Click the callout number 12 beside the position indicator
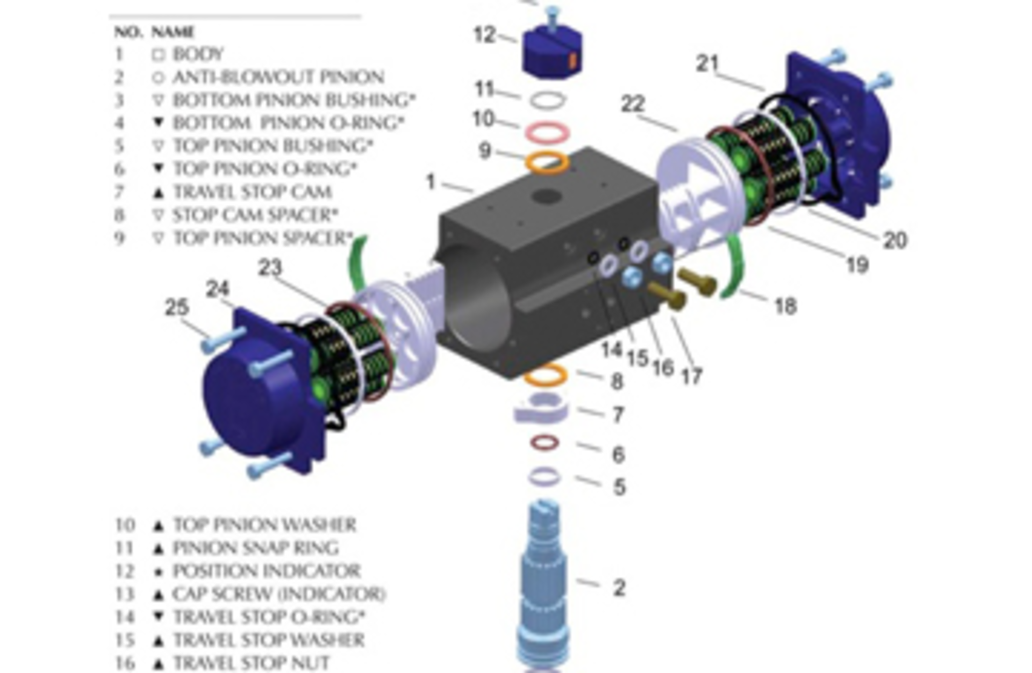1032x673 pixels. [x=484, y=35]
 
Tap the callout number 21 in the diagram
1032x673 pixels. [x=707, y=64]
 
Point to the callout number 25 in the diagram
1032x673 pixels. [x=177, y=308]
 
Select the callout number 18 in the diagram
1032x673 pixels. [x=785, y=306]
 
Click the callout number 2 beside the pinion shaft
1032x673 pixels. [x=619, y=588]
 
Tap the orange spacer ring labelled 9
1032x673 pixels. [x=548, y=162]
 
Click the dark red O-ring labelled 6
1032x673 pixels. [x=544, y=443]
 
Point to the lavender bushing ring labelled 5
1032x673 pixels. [x=544, y=476]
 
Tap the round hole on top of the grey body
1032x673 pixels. [x=547, y=197]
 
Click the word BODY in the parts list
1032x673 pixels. [x=198, y=54]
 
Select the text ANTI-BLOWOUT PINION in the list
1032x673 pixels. [x=278, y=77]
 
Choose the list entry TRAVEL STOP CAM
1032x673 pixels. [x=252, y=192]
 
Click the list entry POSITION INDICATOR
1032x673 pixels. [x=266, y=571]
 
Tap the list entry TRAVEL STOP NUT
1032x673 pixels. [x=251, y=663]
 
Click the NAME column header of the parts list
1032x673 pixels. [x=173, y=32]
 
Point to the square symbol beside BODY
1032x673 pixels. [x=158, y=55]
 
